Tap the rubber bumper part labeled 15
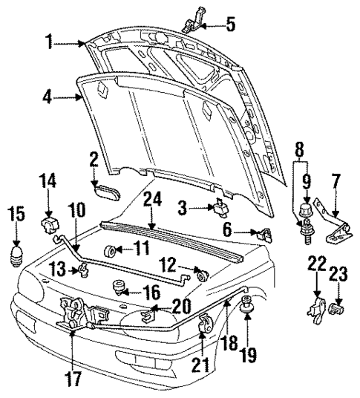[18, 256]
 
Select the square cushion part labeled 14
[49, 223]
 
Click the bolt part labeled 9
[304, 217]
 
